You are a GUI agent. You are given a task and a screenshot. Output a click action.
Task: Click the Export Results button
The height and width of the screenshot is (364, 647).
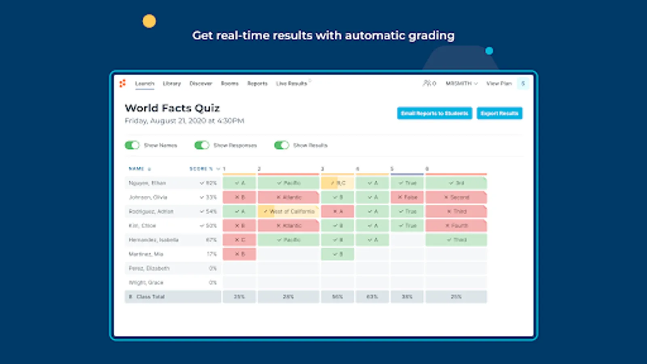[499, 113]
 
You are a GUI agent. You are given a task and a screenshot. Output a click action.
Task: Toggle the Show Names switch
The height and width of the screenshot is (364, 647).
[132, 145]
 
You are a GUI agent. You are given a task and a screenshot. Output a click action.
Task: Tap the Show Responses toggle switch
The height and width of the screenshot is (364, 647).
[202, 145]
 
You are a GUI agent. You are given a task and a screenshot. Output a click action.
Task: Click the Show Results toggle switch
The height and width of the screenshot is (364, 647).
[281, 145]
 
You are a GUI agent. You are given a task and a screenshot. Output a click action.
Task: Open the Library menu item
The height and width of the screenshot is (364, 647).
[172, 84]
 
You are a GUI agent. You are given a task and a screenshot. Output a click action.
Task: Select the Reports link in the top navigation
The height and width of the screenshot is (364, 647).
[258, 84]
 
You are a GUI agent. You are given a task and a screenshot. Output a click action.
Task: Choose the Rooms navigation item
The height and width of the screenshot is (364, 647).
[230, 84]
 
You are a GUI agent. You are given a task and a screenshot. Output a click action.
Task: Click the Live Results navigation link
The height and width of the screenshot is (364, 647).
[292, 84]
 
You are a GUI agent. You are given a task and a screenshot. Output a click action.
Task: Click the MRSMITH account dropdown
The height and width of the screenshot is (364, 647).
[461, 84]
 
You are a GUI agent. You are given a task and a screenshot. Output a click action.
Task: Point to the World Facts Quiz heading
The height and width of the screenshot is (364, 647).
[172, 108]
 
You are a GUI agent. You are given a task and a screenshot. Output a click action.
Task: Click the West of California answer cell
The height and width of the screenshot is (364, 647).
[288, 212]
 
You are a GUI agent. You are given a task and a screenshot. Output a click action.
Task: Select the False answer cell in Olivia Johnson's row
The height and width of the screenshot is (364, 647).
[407, 197]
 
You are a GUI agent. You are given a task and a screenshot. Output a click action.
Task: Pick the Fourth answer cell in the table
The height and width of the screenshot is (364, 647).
[456, 226]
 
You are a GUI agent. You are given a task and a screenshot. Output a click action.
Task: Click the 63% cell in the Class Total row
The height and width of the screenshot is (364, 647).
[372, 297]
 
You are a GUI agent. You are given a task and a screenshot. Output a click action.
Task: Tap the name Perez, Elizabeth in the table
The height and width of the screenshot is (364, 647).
[149, 269]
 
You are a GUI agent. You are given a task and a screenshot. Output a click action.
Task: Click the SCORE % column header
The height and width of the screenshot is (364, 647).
[201, 169]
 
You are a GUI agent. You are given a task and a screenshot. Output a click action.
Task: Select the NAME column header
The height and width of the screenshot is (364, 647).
[137, 169]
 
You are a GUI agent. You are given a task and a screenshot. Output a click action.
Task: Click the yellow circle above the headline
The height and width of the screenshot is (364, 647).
[149, 21]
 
